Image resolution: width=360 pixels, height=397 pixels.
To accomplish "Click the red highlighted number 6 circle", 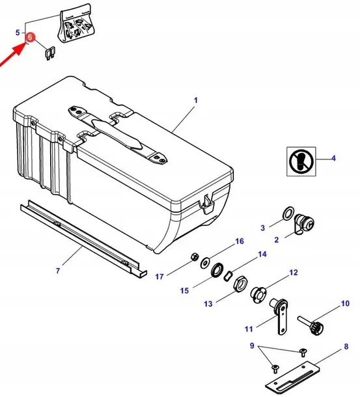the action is tap(30, 38).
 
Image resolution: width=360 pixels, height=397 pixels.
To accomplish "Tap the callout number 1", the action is tap(195, 100).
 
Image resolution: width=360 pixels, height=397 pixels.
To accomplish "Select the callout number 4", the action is tap(333, 158).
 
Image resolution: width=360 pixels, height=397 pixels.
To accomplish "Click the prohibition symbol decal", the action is tap(301, 161).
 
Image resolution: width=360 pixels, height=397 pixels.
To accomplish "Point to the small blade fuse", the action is tap(51, 53).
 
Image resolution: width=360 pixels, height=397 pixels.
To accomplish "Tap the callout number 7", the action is tap(58, 271).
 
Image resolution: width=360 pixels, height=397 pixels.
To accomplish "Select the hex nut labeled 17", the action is tap(194, 257).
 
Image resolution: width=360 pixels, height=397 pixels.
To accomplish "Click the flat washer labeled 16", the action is tap(204, 264).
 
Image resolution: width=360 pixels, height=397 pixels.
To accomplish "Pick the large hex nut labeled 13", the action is tap(240, 284).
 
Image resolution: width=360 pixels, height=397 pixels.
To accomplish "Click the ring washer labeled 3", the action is tap(288, 213).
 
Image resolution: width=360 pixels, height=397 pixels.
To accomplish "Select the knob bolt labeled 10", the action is tap(311, 325).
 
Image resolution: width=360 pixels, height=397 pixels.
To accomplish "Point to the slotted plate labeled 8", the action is tap(292, 379).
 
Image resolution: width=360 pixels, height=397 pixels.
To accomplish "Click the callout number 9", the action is tap(252, 346).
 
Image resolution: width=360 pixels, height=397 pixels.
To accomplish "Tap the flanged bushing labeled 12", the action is tap(258, 295).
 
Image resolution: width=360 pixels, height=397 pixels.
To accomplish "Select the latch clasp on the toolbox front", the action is tap(207, 205).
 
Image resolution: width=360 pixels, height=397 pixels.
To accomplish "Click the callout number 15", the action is tap(184, 290).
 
